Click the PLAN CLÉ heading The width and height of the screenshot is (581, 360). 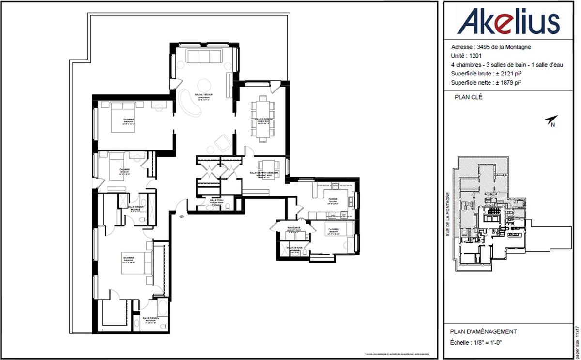click(469, 97)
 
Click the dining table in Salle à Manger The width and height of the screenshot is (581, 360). click(263, 119)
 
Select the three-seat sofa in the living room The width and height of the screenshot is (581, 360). click(204, 57)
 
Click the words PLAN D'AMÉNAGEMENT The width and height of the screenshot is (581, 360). click(483, 331)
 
